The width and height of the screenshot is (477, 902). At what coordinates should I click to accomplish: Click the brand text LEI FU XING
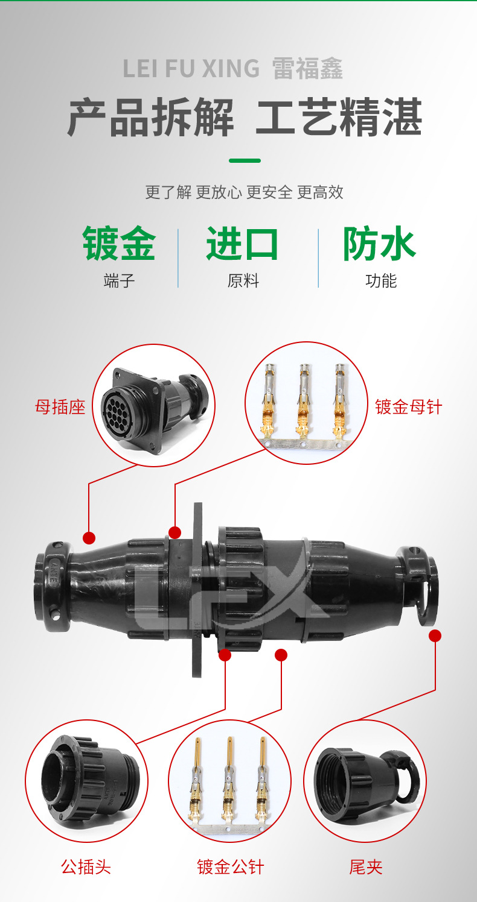point(191,68)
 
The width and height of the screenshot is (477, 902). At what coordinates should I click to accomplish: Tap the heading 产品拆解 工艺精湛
point(244,118)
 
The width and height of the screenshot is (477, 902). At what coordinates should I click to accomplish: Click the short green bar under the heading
point(245,161)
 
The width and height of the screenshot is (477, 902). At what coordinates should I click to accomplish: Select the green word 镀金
point(119,244)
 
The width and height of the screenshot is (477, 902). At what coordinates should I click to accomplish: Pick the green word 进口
point(243,244)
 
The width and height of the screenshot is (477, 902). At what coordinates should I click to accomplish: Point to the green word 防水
point(380,244)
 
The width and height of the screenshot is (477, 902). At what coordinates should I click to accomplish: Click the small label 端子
point(119,281)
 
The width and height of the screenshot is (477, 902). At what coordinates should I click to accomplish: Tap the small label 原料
point(243,281)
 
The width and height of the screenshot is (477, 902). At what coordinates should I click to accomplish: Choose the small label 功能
point(380,281)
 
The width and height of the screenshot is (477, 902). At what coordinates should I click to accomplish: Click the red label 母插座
point(60,407)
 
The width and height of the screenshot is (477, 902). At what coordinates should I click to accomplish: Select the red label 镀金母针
point(408,407)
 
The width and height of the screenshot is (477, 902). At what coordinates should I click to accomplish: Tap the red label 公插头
point(86,867)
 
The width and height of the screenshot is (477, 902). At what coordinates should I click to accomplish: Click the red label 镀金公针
point(231,867)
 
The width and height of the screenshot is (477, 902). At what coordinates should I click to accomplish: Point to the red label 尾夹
point(366,867)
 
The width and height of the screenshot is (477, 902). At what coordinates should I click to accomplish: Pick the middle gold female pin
point(303,401)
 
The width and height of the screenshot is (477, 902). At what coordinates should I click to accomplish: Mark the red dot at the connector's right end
point(435,635)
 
